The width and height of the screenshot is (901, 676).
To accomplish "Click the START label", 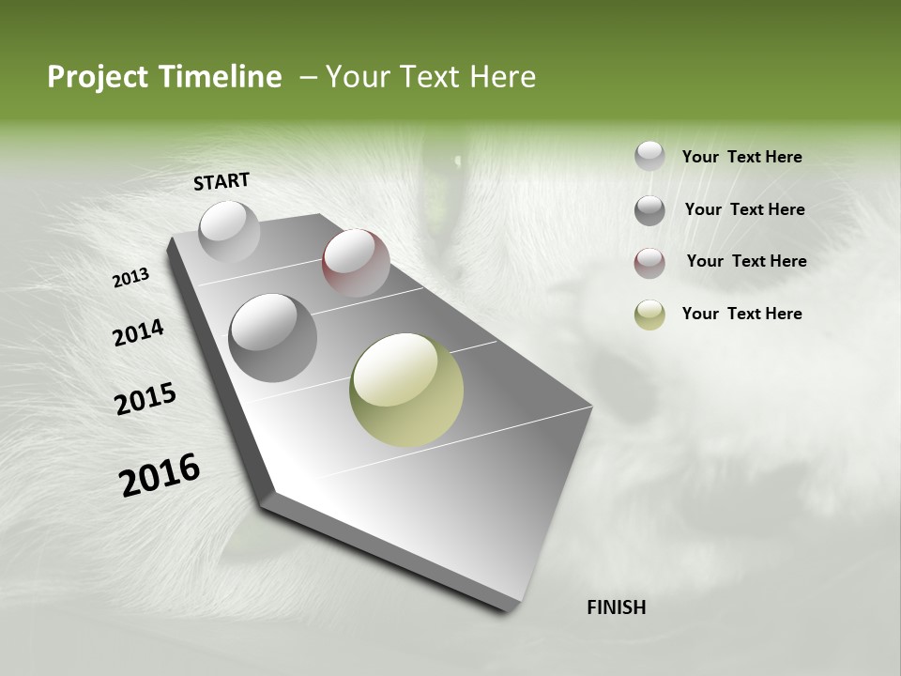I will (x=221, y=181).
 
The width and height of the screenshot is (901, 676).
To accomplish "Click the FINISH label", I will (x=616, y=607).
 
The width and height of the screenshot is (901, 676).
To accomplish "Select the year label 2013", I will (x=131, y=278).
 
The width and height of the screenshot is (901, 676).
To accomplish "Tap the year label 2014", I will (x=138, y=332).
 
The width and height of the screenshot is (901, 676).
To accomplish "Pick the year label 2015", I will (x=145, y=399).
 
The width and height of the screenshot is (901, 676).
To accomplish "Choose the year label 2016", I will (x=160, y=475).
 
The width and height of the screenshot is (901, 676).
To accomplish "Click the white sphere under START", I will (x=229, y=231).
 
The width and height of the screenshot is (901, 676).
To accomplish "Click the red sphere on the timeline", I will (x=356, y=263).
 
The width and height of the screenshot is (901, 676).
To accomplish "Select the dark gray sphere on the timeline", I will (x=273, y=337).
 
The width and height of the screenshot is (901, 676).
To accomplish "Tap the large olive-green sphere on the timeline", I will (x=406, y=390).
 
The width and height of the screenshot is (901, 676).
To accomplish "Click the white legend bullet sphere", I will (x=649, y=157).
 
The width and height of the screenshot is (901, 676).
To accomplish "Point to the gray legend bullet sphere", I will (x=649, y=210).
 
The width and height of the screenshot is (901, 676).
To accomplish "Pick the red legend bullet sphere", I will (x=649, y=263).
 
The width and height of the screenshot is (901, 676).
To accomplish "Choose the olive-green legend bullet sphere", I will (x=649, y=315).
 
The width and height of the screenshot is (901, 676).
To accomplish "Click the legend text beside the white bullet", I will (x=741, y=157).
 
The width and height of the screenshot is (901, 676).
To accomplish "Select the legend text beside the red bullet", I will (x=746, y=261).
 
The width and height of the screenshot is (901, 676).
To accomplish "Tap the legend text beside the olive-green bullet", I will (x=741, y=314).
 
